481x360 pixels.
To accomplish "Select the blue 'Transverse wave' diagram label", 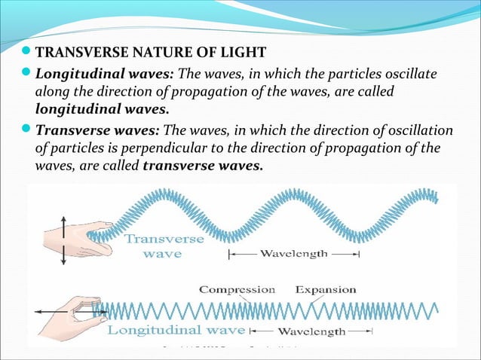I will point(164,246).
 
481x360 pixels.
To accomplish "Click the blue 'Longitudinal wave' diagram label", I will point(176,330).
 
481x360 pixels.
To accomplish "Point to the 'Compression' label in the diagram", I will point(237,289).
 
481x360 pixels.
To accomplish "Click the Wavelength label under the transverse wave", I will point(293,255).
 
